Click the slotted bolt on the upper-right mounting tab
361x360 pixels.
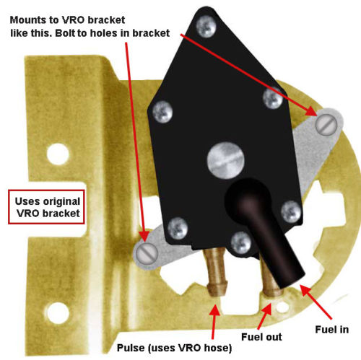pos(326,125)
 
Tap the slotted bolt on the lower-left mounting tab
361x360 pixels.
pos(147,253)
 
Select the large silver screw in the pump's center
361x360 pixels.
pos(226,160)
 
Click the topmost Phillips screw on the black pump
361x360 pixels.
pos(206,26)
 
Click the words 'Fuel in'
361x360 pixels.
pos(332,330)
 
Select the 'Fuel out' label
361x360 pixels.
pos(261,337)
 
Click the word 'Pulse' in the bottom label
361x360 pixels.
pos(131,348)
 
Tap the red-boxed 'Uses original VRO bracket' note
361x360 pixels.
pos(46,207)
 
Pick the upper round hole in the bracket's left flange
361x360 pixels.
pos(58,154)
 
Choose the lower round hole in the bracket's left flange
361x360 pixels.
pos(58,313)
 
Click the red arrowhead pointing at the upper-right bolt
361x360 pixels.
pos(312,111)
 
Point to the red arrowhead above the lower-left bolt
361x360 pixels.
pos(145,236)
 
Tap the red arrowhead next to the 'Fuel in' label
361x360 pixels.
pos(305,290)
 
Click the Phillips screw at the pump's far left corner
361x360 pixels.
pos(162,112)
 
